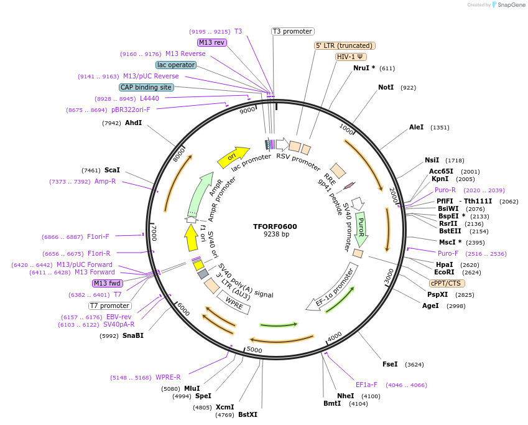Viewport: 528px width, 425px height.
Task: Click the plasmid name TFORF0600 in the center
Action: [276, 226]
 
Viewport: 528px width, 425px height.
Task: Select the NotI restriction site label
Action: [386, 87]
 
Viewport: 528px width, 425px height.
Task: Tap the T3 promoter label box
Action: [293, 31]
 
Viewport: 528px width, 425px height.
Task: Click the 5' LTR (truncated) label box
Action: [345, 45]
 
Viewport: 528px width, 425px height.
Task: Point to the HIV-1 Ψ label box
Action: [351, 57]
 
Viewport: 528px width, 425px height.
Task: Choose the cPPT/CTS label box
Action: [446, 283]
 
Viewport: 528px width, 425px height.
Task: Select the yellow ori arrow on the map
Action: [233, 157]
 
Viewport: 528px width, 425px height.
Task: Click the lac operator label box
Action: [176, 65]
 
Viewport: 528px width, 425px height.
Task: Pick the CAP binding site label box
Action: [146, 88]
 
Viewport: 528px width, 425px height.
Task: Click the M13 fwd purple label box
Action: [107, 283]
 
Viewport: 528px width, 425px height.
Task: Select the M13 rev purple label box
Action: [211, 42]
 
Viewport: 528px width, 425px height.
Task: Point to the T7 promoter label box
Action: [109, 306]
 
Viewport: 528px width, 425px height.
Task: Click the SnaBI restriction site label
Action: [132, 335]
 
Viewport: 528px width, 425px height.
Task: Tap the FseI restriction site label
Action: [390, 364]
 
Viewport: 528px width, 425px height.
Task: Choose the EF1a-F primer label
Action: [366, 385]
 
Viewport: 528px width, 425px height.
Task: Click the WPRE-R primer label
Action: [168, 377]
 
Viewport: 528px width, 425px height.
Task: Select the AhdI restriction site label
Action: [133, 123]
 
